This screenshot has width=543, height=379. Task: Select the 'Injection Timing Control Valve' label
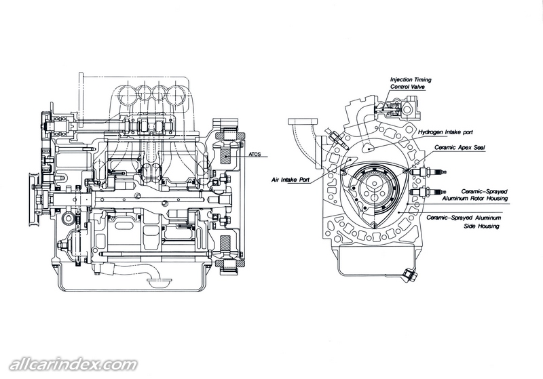(x=410, y=83)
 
